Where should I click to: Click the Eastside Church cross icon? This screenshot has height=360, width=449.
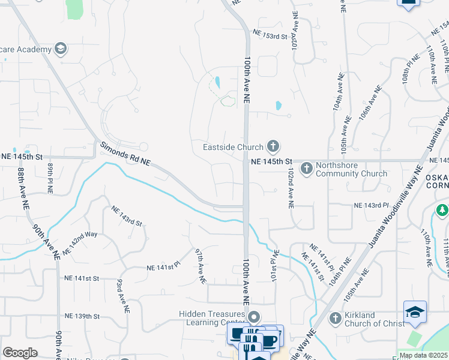point(273,146)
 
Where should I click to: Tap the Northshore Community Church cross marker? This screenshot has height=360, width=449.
point(307,167)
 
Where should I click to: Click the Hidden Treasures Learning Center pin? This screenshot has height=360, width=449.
point(254,316)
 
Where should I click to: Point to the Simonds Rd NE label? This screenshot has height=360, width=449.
point(124,154)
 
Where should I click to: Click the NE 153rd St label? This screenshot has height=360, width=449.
point(271,36)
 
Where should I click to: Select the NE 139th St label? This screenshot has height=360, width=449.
point(82,316)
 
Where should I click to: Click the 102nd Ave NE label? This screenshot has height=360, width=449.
point(291,188)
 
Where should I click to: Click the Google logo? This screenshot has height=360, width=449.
point(20,353)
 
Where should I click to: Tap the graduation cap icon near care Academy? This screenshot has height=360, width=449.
point(59,48)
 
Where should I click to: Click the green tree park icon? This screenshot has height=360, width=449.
point(442,210)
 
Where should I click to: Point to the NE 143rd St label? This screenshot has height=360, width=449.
point(126,216)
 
